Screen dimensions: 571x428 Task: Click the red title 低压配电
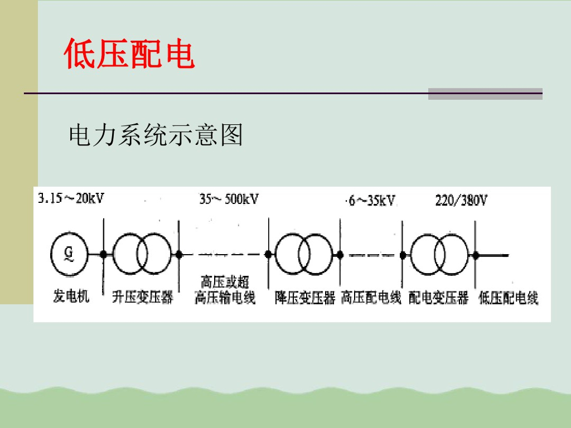click(x=129, y=55)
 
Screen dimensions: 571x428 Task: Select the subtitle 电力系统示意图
click(x=156, y=135)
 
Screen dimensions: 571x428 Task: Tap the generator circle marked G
click(x=69, y=254)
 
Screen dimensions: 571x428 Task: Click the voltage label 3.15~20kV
click(x=71, y=199)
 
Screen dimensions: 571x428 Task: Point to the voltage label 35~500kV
click(x=229, y=199)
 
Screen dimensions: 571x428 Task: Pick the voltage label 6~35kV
click(x=371, y=201)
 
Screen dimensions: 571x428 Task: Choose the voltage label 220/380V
click(x=461, y=201)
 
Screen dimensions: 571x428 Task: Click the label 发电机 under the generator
click(x=71, y=296)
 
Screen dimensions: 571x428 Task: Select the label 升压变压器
click(x=143, y=296)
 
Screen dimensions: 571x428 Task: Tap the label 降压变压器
click(x=305, y=298)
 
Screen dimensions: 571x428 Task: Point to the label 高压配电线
click(x=371, y=298)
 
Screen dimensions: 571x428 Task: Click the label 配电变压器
click(x=438, y=298)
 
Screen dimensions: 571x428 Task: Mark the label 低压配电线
click(x=509, y=298)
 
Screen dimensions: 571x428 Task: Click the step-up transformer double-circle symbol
click(x=142, y=254)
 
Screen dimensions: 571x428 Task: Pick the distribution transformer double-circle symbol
click(x=439, y=254)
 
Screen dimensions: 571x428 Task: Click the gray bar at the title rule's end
click(x=485, y=94)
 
